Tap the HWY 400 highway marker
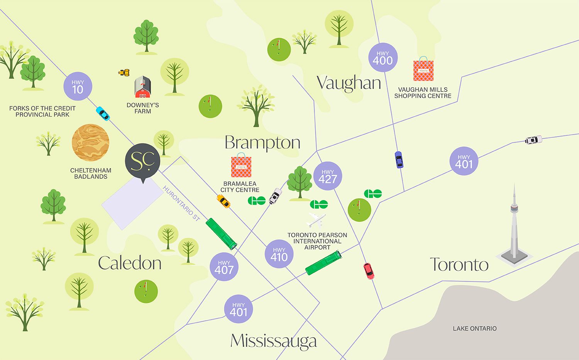point(383,58)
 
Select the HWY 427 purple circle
point(327,176)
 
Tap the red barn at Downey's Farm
point(142,87)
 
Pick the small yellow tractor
point(124,72)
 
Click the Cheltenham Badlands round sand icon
point(90,143)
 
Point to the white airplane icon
point(316,220)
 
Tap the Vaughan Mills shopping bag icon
point(423,70)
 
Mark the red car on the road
point(369,271)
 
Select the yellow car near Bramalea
point(223,201)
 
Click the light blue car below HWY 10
point(103,113)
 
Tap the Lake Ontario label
point(474,328)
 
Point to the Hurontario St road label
point(181,203)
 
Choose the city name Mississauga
point(273,341)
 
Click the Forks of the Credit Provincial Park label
point(42,111)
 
